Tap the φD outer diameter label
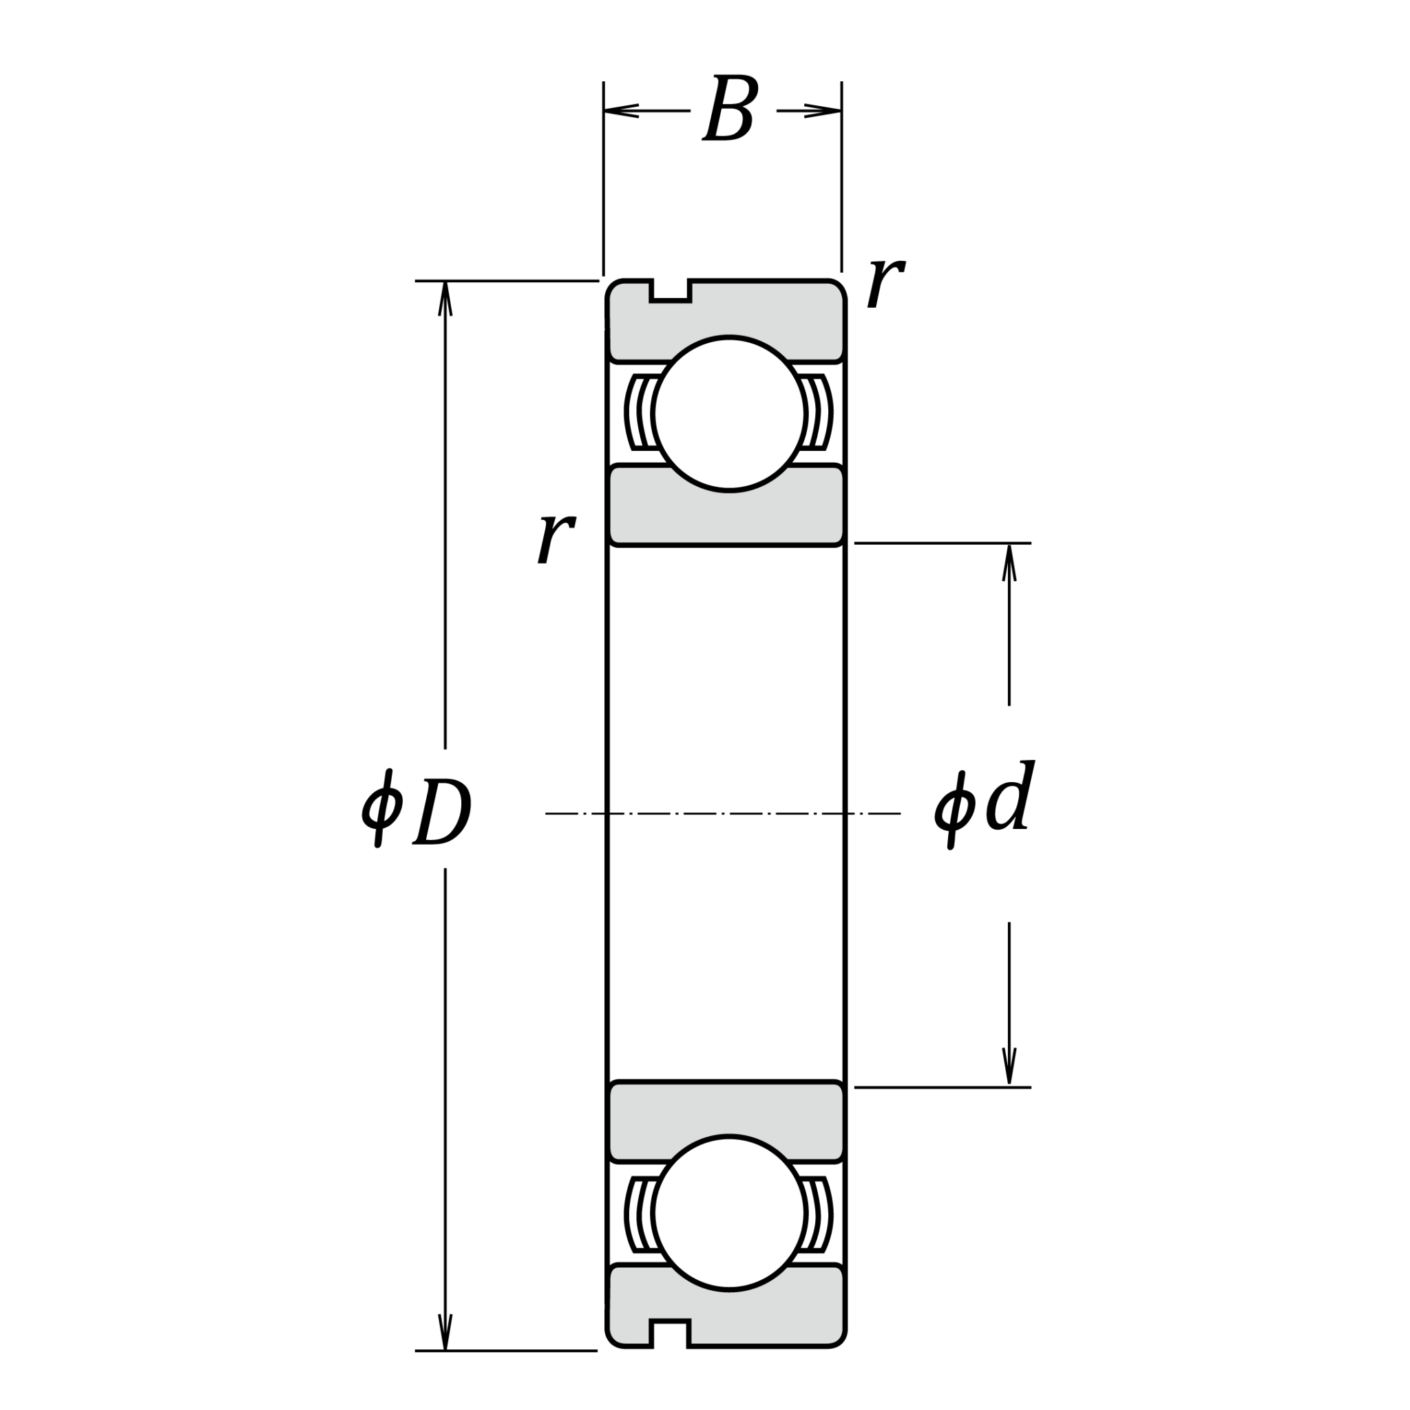coord(417,810)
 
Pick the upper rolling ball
coord(729,413)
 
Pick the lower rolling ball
coord(729,1212)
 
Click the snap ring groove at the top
coord(671,290)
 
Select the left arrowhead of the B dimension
coord(620,111)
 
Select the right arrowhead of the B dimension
coord(825,111)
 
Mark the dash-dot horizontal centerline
coord(722,813)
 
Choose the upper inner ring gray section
coord(726,518)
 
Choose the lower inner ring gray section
coord(726,1108)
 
